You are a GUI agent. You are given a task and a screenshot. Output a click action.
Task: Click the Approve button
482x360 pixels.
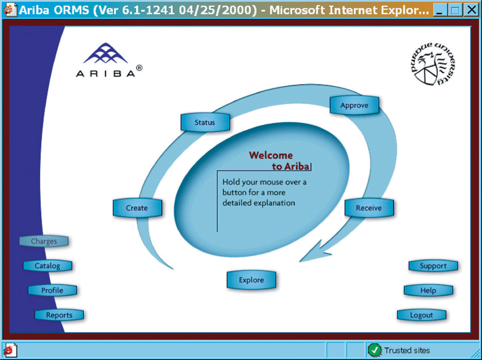point(354,105)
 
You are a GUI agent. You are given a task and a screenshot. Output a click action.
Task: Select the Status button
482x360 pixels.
point(205,122)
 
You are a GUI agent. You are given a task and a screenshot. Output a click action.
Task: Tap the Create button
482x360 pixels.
point(137,208)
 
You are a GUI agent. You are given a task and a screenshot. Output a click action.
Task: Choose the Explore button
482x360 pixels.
point(251,279)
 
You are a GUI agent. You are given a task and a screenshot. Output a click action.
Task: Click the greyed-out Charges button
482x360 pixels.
point(44,241)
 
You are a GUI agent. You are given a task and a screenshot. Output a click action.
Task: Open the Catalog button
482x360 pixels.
point(48,266)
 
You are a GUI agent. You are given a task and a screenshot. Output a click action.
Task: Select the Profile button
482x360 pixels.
point(53,290)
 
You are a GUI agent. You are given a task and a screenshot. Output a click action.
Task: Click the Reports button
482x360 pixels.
point(60,315)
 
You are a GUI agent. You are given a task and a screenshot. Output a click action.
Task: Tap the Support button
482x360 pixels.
point(433,266)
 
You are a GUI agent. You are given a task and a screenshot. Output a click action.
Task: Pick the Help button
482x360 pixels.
point(428,290)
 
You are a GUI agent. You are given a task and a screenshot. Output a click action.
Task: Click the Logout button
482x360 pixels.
point(421,315)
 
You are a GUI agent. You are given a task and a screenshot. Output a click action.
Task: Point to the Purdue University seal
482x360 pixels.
point(433,63)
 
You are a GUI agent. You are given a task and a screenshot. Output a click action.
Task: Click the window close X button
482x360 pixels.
point(471,10)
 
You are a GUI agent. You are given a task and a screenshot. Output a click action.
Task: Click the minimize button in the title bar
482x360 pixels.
point(440,10)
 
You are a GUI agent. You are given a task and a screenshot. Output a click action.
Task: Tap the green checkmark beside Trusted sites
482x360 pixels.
point(374,350)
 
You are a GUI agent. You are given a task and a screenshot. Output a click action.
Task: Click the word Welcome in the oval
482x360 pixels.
point(271,155)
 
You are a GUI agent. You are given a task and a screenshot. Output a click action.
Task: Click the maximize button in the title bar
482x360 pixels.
point(455,10)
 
